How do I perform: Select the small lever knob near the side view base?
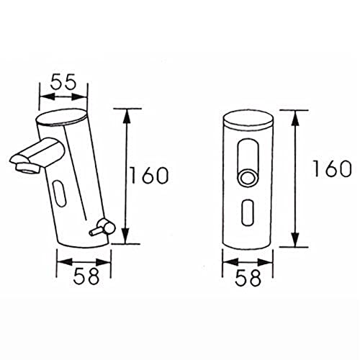[93, 232]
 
